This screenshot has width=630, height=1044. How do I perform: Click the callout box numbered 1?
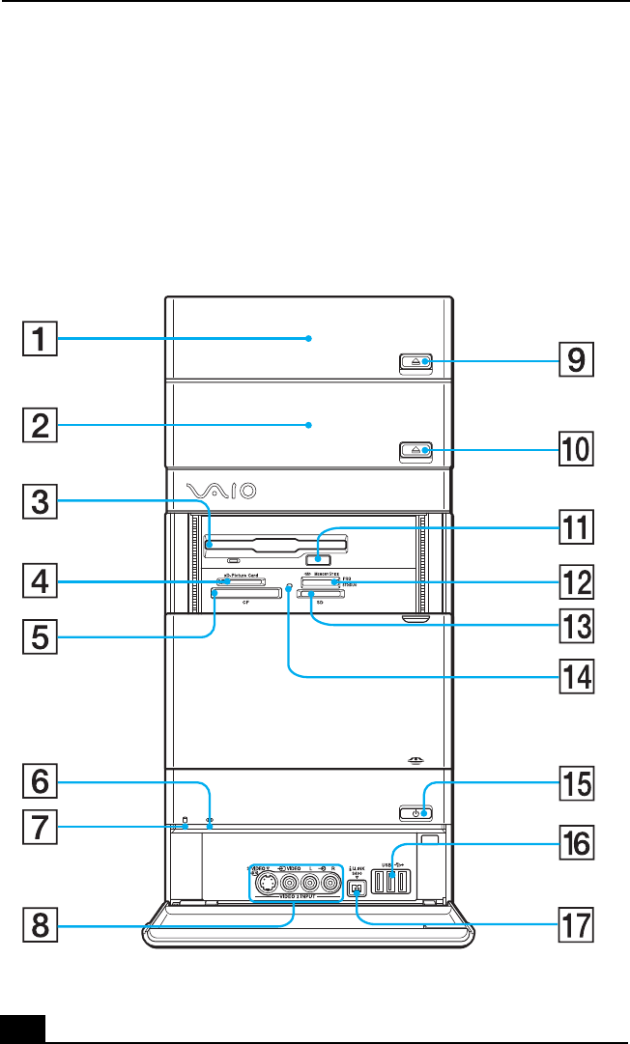pyautogui.click(x=41, y=339)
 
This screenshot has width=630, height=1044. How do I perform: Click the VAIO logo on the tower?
pyautogui.click(x=222, y=492)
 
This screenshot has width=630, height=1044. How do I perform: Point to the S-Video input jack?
pyautogui.click(x=264, y=881)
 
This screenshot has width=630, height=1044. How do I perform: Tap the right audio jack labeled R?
pyautogui.click(x=331, y=881)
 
